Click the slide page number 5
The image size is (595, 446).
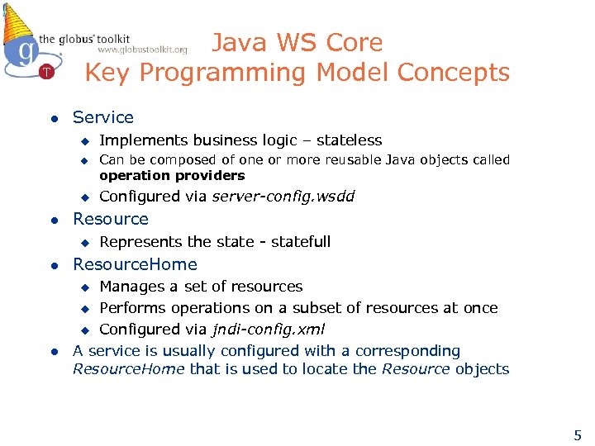pos(578,435)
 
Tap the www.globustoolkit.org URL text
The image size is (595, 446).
pos(142,50)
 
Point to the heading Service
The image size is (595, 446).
pos(102,118)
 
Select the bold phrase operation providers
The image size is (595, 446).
pos(172,175)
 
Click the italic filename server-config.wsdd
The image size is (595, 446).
pos(283,197)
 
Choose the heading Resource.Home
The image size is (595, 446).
pos(135,264)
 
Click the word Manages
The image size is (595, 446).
pos(130,287)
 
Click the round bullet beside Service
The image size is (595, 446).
pos(51,118)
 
